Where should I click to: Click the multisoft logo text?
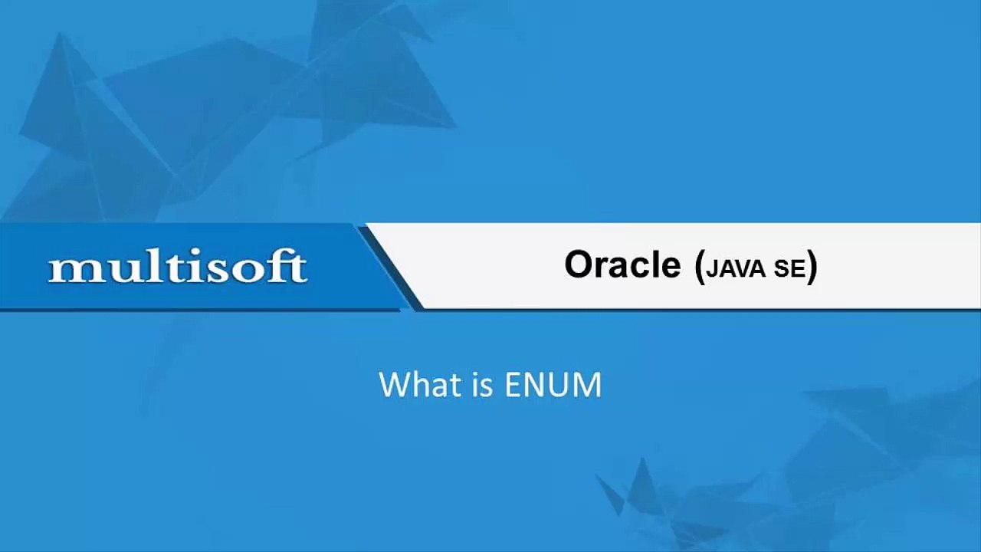178,268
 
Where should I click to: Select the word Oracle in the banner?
622,264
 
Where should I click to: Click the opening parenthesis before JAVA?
699,267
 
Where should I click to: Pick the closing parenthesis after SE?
812,267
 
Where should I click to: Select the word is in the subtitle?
482,384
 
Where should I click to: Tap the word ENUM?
553,384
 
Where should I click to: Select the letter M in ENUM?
586,384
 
